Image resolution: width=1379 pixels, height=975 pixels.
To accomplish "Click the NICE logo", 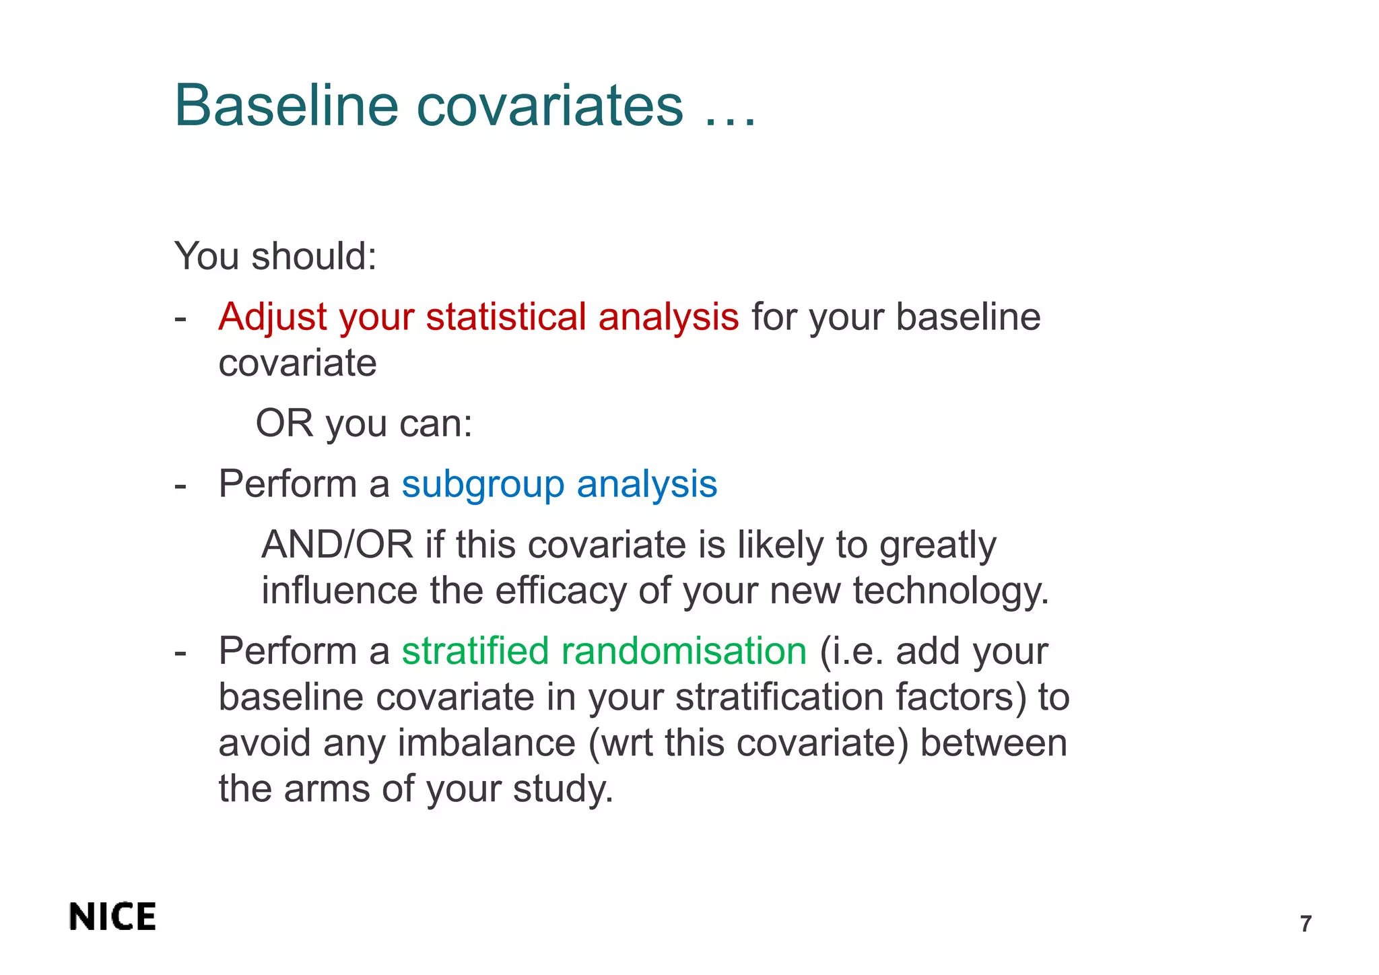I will (x=112, y=917).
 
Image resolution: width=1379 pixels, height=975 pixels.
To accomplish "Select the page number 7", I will (x=1306, y=924).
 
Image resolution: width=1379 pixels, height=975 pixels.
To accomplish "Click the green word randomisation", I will (x=683, y=651).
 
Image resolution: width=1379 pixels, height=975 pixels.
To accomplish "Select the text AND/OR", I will (x=337, y=545).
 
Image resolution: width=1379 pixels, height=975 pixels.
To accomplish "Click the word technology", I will (x=950, y=591).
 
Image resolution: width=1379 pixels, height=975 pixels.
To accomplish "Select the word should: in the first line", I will (x=314, y=257).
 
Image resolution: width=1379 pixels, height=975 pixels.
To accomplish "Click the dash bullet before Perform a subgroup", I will (x=180, y=485).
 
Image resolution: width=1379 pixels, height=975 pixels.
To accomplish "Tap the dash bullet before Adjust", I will (x=180, y=317).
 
